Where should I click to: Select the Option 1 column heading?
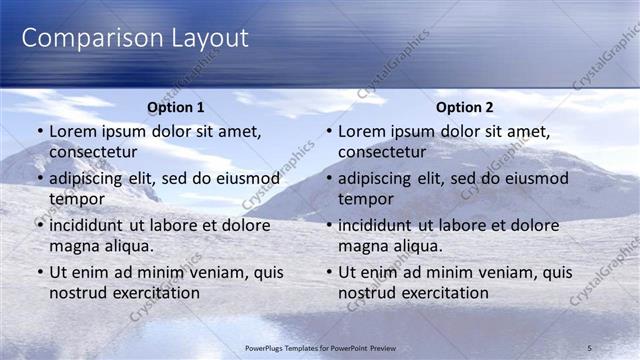175,107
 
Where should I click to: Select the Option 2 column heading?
464,107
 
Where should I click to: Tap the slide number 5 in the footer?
589,347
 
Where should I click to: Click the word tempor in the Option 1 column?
77,198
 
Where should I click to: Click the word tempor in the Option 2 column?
366,198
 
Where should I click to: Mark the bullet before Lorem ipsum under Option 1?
40,132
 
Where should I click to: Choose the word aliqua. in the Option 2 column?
414,245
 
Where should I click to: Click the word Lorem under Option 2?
361,131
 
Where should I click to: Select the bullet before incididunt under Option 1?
40,226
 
